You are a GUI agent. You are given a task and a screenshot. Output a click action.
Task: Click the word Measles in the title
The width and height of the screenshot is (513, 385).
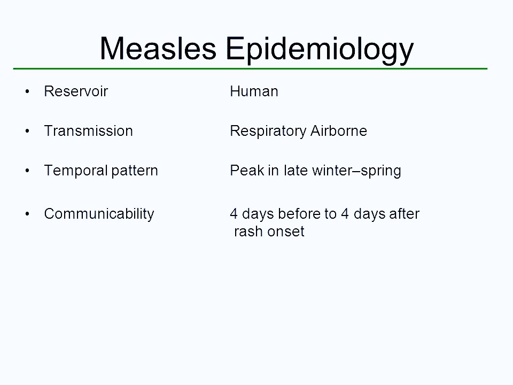coord(158,49)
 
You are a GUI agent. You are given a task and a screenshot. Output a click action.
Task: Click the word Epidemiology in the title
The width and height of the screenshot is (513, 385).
coord(320,50)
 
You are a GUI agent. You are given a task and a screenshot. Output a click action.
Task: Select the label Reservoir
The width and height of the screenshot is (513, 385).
coord(76,91)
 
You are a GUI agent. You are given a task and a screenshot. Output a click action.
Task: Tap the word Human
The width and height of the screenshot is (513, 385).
coord(254,91)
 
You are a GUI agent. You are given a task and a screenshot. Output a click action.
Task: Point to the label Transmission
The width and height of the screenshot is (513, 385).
coord(88,131)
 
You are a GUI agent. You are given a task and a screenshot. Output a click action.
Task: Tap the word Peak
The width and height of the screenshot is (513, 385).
coord(243,171)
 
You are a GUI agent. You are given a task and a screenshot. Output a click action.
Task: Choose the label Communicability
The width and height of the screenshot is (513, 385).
coord(99,214)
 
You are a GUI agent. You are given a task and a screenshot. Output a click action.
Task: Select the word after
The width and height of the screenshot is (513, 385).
coord(405,214)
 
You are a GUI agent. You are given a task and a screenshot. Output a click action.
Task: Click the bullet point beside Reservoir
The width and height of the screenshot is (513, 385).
coord(27,92)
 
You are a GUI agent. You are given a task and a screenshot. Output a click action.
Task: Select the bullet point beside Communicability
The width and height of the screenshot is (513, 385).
coord(27,214)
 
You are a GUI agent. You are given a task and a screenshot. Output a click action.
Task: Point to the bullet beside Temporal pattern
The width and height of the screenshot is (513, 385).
coord(27,171)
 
